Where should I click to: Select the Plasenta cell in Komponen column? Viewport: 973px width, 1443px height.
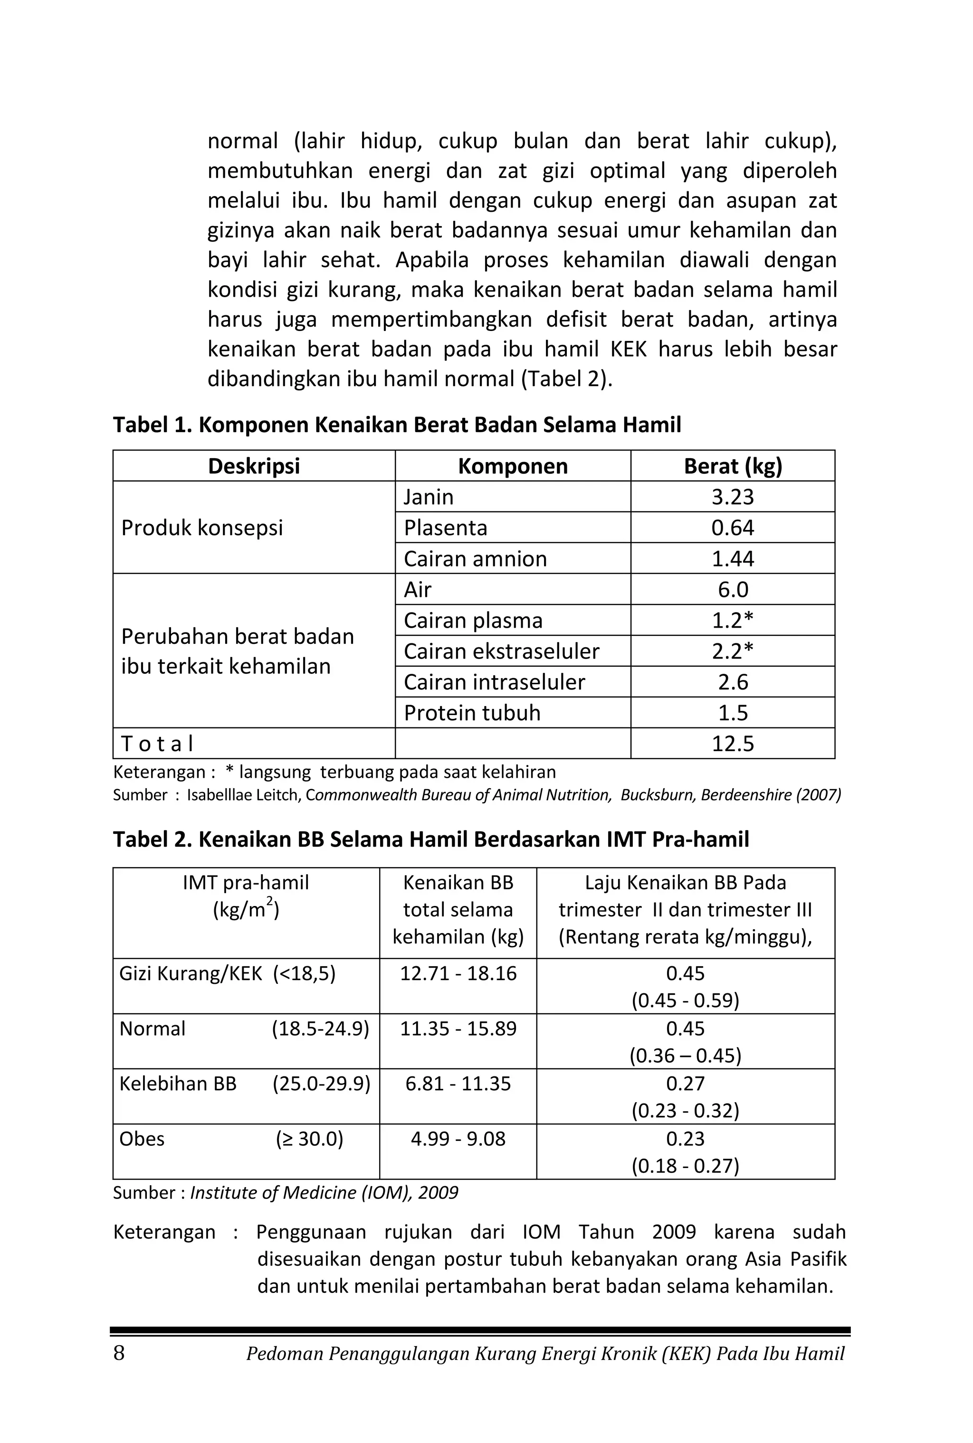[446, 528]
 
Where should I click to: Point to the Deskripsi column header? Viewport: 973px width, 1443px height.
[254, 466]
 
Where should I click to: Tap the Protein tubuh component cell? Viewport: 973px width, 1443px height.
[472, 713]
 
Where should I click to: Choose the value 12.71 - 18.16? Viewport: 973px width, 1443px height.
[458, 973]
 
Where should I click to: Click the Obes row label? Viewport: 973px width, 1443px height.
[142, 1139]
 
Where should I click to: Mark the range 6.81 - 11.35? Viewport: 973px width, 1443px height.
[458, 1084]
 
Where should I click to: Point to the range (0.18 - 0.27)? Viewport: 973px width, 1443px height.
[685, 1166]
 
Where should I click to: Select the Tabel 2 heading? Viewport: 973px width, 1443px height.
[430, 839]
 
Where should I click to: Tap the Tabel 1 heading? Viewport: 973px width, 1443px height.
[397, 425]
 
